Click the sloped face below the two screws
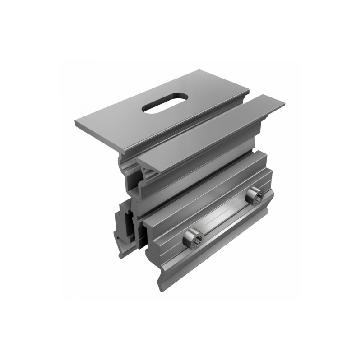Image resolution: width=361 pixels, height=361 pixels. (217, 253)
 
